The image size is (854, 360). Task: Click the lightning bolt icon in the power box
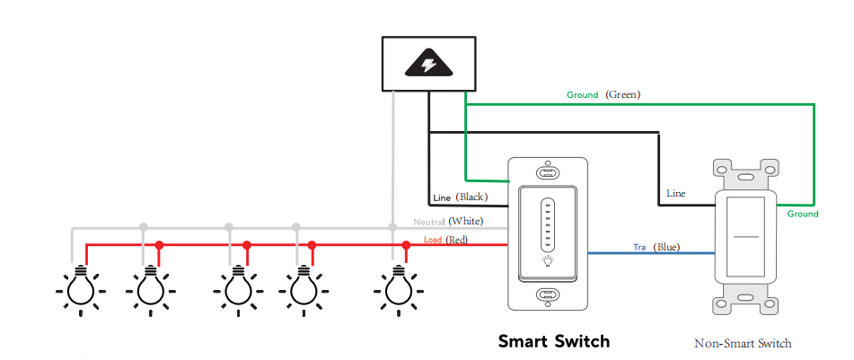(428, 64)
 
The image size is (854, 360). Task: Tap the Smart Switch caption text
(554, 341)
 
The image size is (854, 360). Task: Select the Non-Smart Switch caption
(743, 343)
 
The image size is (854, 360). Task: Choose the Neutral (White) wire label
(449, 221)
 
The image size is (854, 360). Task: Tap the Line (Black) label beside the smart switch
(460, 197)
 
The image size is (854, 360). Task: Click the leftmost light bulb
(81, 288)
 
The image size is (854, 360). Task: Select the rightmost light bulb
(396, 288)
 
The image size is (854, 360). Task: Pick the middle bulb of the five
(237, 288)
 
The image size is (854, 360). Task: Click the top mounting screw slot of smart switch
(546, 171)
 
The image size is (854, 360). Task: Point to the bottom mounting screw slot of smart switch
(546, 294)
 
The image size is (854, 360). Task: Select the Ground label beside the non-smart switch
(802, 214)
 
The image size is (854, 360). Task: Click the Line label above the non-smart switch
(675, 193)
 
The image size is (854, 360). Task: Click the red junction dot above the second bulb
(159, 244)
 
